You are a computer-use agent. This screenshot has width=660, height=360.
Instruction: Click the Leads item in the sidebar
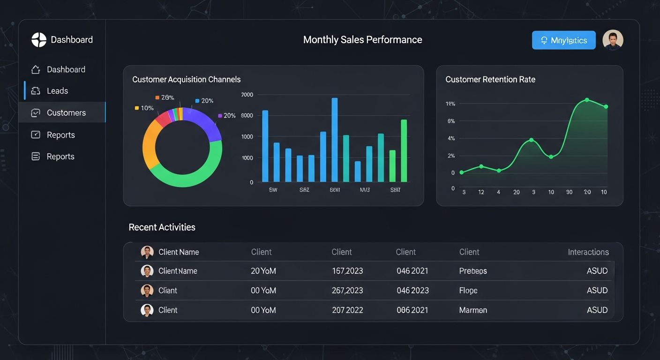57,91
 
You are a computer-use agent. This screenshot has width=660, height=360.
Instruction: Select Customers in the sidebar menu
66,112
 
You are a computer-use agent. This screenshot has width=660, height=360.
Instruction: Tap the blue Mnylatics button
563,40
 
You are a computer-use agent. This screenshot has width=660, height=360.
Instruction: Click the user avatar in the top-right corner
613,40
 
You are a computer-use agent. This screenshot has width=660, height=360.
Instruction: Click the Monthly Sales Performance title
362,40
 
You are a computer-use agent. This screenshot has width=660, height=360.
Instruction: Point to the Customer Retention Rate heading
490,80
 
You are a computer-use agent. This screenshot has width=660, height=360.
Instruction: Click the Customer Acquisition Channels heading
186,80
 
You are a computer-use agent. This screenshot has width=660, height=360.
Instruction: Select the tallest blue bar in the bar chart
335,140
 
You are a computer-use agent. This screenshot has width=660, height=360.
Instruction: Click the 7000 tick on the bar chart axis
247,95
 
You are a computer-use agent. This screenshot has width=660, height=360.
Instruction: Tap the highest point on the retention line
587,100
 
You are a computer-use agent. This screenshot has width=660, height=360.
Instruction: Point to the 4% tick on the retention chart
451,138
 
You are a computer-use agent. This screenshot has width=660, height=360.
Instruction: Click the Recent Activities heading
162,227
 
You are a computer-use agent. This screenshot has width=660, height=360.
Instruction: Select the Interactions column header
588,252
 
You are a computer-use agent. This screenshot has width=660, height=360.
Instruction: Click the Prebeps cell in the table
473,271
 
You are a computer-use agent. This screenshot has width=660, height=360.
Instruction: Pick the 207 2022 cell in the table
347,310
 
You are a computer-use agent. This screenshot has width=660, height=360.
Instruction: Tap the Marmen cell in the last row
473,310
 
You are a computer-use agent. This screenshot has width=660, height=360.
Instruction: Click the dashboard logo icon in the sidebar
39,40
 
